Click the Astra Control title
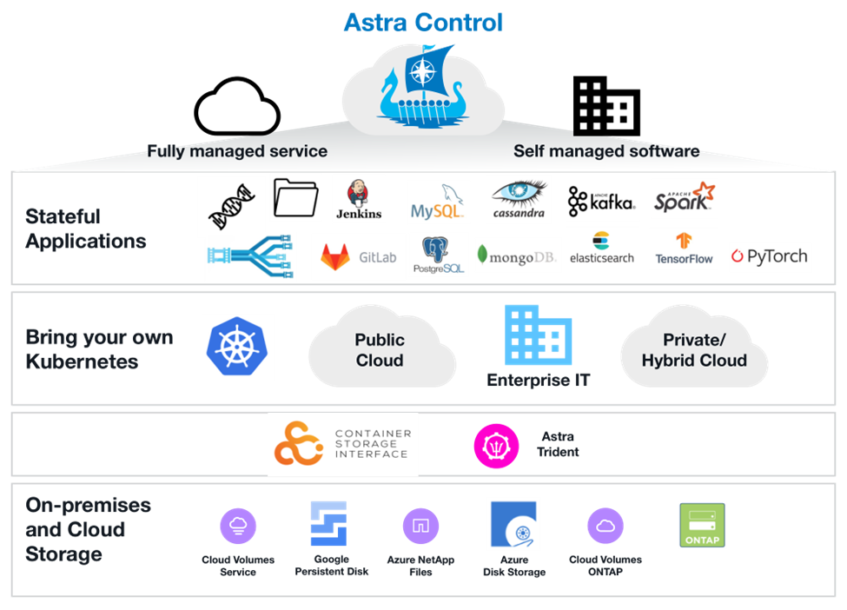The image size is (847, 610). click(x=423, y=22)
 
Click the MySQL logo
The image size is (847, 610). click(x=439, y=202)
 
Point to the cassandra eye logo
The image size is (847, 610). click(x=519, y=199)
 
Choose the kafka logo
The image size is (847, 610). click(x=602, y=202)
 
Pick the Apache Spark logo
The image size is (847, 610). click(x=685, y=199)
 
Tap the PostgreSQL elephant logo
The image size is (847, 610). click(x=439, y=255)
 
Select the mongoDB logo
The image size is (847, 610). click(x=519, y=255)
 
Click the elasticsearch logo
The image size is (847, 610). click(x=602, y=248)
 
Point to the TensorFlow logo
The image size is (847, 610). click(x=684, y=249)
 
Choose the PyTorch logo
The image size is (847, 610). click(x=770, y=257)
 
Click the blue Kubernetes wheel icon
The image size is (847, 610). click(x=237, y=348)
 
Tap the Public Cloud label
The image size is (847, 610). click(x=380, y=350)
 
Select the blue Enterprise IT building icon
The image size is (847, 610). click(x=539, y=335)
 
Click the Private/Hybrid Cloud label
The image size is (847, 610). click(x=694, y=350)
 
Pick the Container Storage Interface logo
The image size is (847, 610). click(x=342, y=445)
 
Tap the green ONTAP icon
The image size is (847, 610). click(x=702, y=525)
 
